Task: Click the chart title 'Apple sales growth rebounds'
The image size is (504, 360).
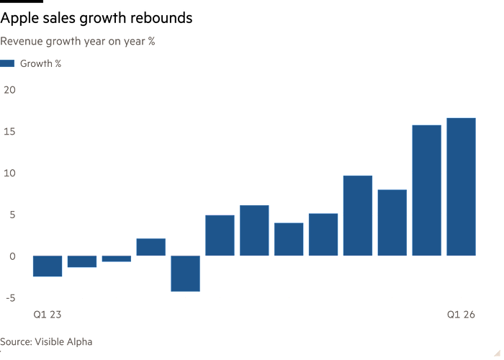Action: [96, 18]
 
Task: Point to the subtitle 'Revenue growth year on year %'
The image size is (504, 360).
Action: [78, 42]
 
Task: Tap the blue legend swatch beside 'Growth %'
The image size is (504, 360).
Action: [7, 63]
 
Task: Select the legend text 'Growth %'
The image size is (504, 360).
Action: [40, 63]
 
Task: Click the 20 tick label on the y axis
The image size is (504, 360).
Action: [9, 90]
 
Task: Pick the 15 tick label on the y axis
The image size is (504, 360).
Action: [9, 132]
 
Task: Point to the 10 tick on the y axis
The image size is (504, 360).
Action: [9, 174]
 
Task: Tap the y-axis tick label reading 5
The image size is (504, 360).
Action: [12, 215]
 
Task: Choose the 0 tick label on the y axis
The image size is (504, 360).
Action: [12, 256]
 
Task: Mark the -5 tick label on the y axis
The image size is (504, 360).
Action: [11, 298]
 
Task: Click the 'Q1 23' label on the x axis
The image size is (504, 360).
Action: [48, 315]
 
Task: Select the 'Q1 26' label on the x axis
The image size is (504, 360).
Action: [461, 315]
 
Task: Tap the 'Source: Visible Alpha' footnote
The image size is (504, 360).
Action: [46, 342]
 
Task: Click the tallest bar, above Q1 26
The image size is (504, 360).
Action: [462, 186]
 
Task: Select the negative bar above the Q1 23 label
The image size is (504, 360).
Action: [48, 266]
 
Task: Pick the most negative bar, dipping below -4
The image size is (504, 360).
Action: [186, 274]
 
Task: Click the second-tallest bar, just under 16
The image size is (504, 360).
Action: [426, 190]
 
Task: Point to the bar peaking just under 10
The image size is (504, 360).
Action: [358, 216]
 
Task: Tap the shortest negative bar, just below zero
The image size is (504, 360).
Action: [117, 258]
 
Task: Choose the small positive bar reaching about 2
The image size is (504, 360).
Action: [151, 247]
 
